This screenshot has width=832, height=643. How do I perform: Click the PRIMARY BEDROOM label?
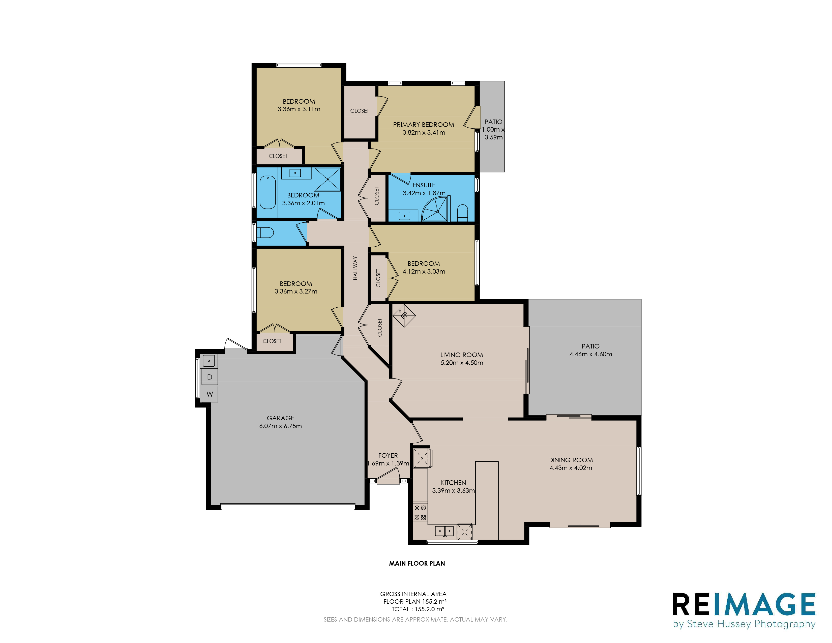pyautogui.click(x=423, y=125)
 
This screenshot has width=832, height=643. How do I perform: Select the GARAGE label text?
pyautogui.click(x=280, y=418)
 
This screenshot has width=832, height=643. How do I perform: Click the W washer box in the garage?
pyautogui.click(x=210, y=394)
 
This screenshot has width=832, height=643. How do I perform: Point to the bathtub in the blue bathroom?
pyautogui.click(x=268, y=192)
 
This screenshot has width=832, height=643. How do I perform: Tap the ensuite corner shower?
pyautogui.click(x=435, y=209)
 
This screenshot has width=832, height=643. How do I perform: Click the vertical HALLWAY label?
pyautogui.click(x=355, y=268)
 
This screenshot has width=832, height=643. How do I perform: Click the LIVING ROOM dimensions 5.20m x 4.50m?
pyautogui.click(x=462, y=363)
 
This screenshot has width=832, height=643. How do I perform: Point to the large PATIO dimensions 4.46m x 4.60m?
pyautogui.click(x=591, y=354)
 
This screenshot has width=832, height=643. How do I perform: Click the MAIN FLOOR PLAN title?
pyautogui.click(x=417, y=563)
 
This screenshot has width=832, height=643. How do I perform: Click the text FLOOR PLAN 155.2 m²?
pyautogui.click(x=415, y=601)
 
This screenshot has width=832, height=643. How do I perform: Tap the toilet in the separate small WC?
pyautogui.click(x=265, y=232)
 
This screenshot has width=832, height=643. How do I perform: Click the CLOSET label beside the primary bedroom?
pyautogui.click(x=360, y=111)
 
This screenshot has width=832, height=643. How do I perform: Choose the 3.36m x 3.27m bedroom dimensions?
pyautogui.click(x=296, y=291)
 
